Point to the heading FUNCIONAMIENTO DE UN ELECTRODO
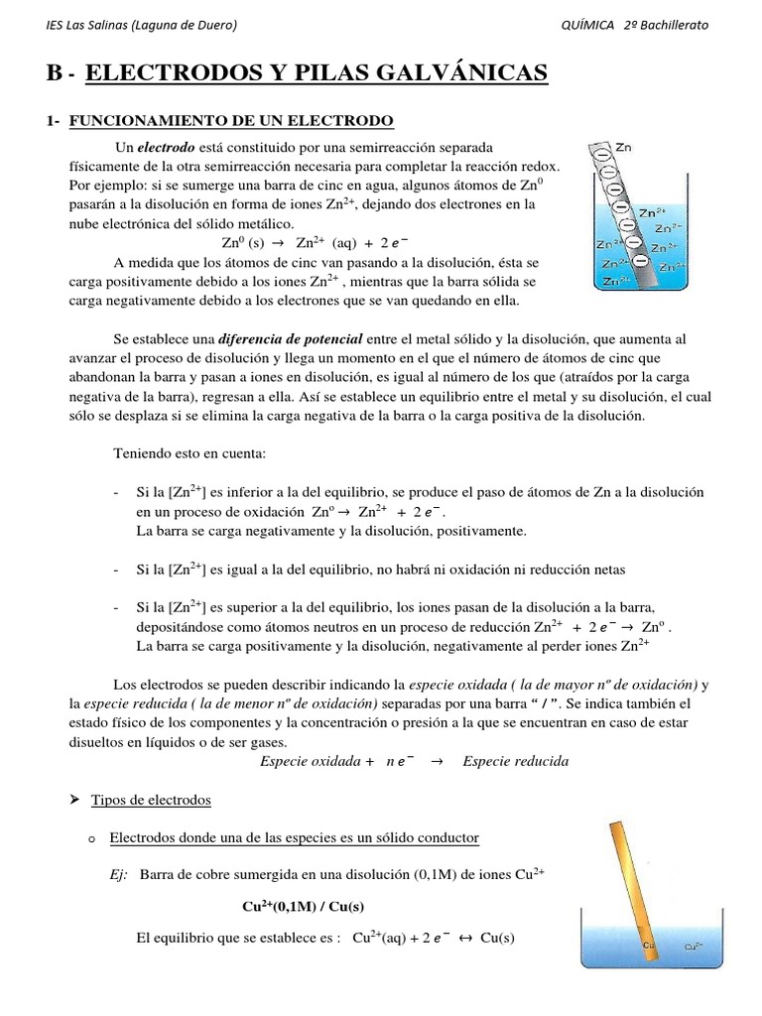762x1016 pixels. [230, 121]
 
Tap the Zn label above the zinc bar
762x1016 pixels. [623, 148]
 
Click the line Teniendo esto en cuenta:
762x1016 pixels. [190, 453]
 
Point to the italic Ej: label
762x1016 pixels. [120, 874]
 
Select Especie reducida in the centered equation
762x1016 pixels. [516, 761]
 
